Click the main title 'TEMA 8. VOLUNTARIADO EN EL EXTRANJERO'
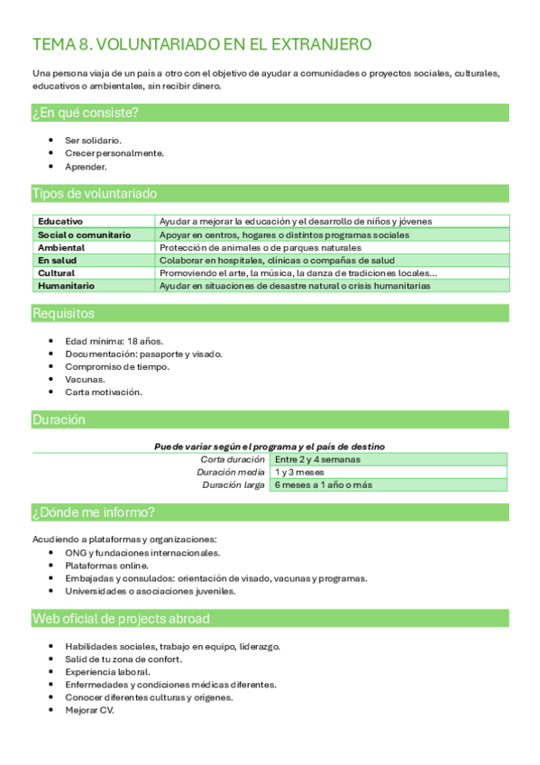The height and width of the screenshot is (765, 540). [x=201, y=45]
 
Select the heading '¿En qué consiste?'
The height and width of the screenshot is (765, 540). [x=85, y=113]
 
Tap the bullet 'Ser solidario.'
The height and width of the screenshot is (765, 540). [x=93, y=140]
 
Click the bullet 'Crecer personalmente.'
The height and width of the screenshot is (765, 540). [x=114, y=153]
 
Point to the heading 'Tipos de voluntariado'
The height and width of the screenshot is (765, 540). [x=94, y=194]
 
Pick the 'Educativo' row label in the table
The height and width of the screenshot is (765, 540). [x=60, y=221]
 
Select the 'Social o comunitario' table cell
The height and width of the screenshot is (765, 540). [x=84, y=235]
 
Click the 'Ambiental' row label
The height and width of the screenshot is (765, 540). [x=61, y=247]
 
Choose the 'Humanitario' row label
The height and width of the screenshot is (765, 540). [x=66, y=286]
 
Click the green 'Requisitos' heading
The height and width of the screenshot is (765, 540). [x=62, y=314]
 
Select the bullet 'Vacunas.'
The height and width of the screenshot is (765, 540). [x=84, y=380]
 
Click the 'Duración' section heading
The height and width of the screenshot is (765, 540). [x=59, y=419]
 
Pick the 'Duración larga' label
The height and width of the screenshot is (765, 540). [x=232, y=485]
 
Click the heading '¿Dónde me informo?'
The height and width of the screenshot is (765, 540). [x=93, y=512]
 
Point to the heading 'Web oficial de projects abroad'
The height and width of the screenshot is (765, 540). [x=121, y=619]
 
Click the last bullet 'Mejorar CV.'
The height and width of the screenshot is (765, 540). [x=89, y=710]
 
